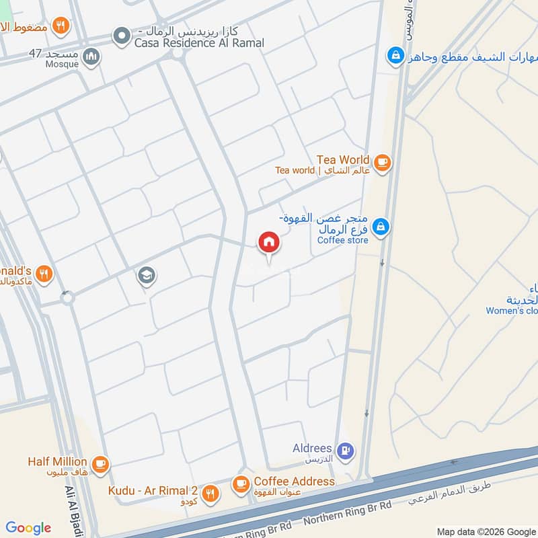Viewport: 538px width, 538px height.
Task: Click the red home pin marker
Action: coord(268,243)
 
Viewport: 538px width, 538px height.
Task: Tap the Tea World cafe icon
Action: coord(382,162)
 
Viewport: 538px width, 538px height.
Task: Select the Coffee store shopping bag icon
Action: coord(381,227)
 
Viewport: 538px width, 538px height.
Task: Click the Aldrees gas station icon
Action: coord(346,451)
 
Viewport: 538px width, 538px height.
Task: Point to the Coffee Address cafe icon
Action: coord(240,483)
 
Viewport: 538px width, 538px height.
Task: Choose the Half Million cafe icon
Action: coord(100,463)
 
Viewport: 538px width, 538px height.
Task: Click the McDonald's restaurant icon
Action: coord(44,273)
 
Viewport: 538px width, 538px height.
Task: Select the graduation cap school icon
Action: coord(145,274)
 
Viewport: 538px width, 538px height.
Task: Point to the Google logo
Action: coord(28,528)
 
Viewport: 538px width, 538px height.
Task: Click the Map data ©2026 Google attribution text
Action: coord(485,531)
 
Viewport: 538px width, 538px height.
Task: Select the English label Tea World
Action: coord(343,159)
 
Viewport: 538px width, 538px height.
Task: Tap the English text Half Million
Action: coord(57,461)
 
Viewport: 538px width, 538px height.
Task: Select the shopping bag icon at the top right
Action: coord(396,54)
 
